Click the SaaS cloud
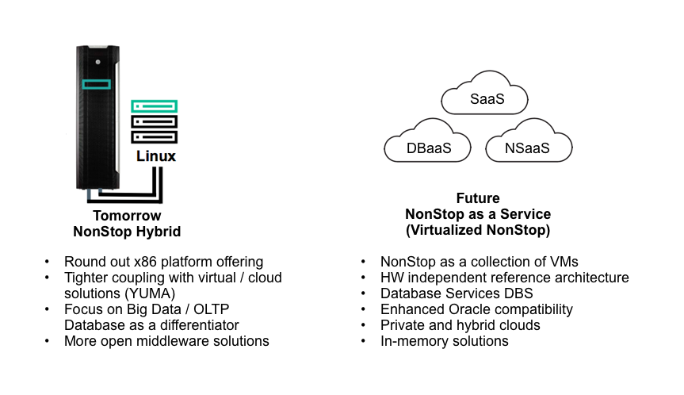pyautogui.click(x=484, y=94)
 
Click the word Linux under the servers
pyautogui.click(x=155, y=156)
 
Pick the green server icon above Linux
pyautogui.click(x=154, y=106)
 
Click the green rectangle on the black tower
pyautogui.click(x=97, y=84)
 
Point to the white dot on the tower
pyautogui.click(x=98, y=62)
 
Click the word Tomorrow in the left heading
pyautogui.click(x=127, y=216)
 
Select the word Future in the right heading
pyautogui.click(x=478, y=198)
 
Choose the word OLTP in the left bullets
pyautogui.click(x=211, y=309)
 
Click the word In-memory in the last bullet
pyautogui.click(x=415, y=341)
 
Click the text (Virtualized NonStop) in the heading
pyautogui.click(x=478, y=230)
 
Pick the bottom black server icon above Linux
pyautogui.click(x=154, y=137)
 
